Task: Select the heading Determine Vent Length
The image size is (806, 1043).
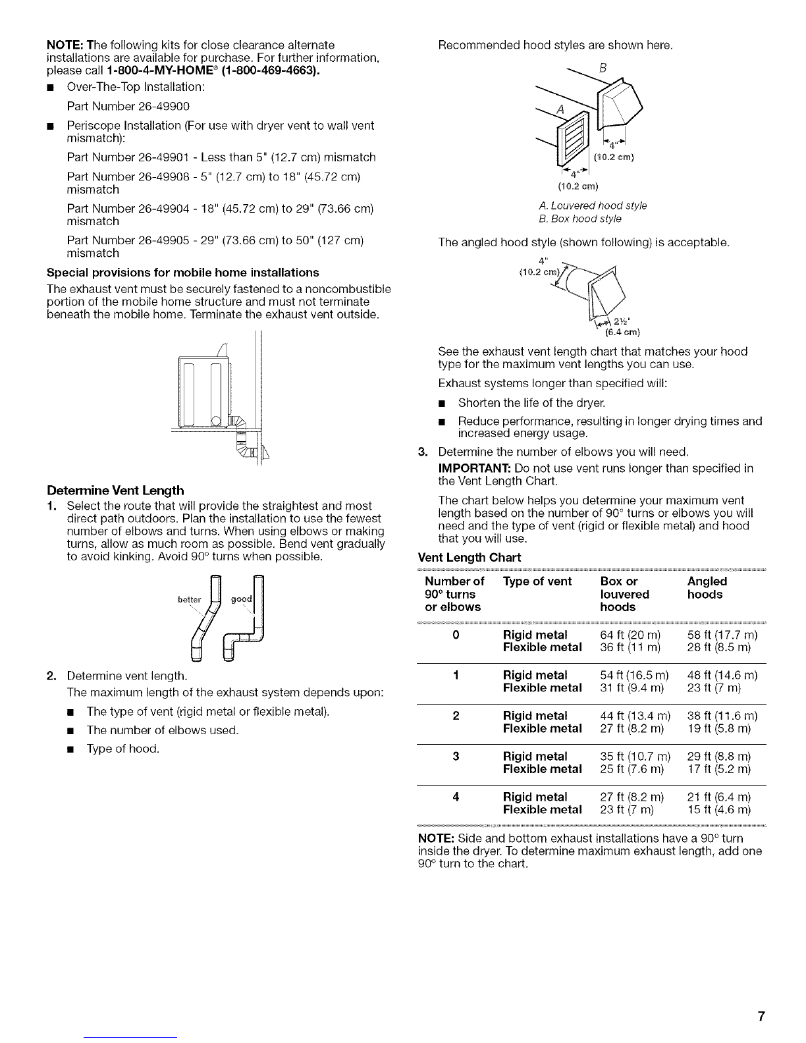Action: coord(115,491)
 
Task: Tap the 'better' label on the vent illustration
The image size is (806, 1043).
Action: coord(189,599)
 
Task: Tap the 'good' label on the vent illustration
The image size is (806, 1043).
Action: coord(242,599)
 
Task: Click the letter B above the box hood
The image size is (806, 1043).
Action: coord(603,68)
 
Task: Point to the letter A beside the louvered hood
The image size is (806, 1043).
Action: coord(560,110)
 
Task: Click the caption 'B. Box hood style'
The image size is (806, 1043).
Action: coord(580,219)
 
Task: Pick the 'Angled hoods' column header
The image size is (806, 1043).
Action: coord(707,588)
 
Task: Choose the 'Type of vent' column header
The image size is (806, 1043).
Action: coord(537,581)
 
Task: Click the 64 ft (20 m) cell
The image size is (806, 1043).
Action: coord(630,635)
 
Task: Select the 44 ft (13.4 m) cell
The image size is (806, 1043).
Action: coord(635,716)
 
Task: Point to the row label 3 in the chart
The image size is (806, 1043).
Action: coord(456,757)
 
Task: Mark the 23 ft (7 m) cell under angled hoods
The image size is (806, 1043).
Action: coord(714,688)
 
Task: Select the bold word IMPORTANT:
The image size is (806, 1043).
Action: coord(474,468)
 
